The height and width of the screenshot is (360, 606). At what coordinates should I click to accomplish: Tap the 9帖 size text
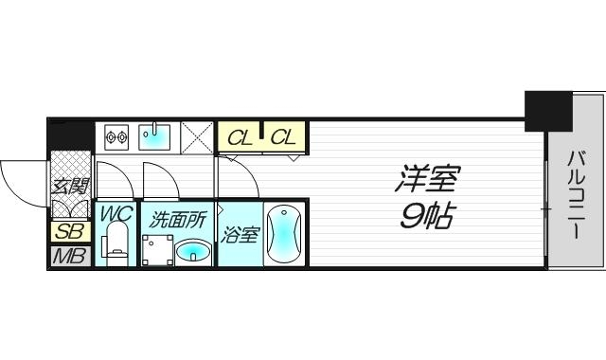[x=422, y=217]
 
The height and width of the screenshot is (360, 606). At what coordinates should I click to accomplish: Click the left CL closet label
[x=241, y=138]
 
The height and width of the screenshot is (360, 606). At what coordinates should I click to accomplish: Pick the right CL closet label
[x=283, y=138]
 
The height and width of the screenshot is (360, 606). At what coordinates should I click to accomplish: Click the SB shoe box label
[x=69, y=231]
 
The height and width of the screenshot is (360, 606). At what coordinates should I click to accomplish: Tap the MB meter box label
[x=69, y=256]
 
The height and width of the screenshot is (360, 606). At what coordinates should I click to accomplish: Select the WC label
[x=116, y=214]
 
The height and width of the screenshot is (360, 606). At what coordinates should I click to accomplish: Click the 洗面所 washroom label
[x=178, y=219]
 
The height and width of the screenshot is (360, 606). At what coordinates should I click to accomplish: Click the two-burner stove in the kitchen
[x=116, y=137]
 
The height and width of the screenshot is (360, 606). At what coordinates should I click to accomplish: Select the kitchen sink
[x=154, y=137]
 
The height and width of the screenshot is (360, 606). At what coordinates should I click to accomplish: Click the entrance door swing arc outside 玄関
[x=21, y=177]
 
